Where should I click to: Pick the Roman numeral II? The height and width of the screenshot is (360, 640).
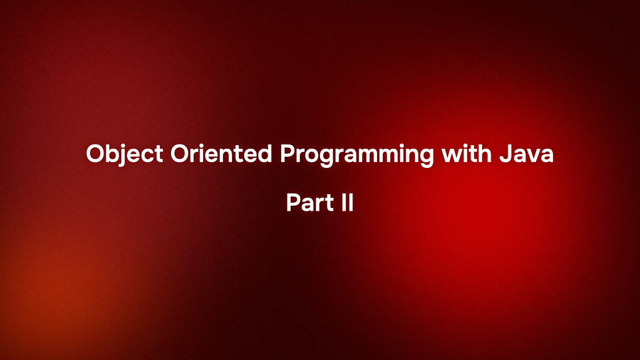point(347,203)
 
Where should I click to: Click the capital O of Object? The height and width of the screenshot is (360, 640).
point(96,155)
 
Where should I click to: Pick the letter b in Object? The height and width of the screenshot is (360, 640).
point(117,155)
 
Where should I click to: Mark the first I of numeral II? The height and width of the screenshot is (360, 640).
point(343,203)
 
